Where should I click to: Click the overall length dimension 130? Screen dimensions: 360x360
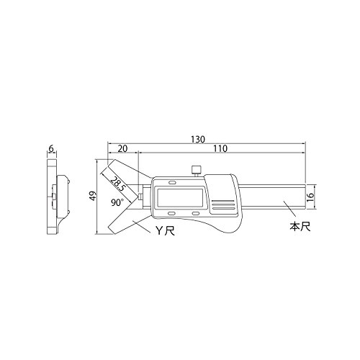[198, 139]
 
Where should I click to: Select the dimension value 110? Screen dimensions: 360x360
[220, 148]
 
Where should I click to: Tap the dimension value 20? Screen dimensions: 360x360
[122, 148]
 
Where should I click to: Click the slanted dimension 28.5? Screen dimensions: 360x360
[117, 183]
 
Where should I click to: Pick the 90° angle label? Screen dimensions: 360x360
[117, 202]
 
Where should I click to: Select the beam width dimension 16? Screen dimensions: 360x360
[310, 197]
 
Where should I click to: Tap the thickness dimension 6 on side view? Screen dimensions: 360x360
[51, 149]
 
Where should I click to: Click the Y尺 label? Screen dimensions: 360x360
[166, 231]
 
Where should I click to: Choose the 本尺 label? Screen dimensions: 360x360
[300, 227]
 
